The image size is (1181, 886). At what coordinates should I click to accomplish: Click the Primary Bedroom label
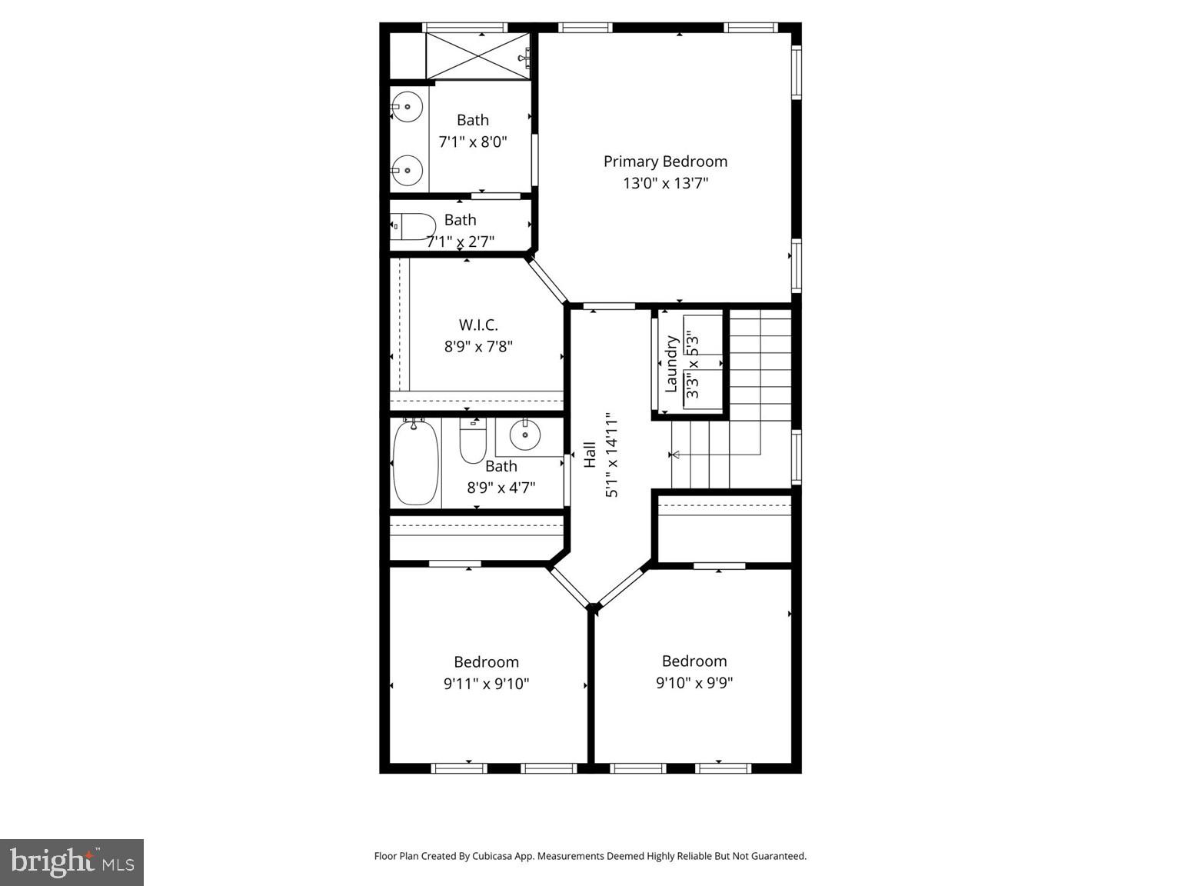[x=665, y=162]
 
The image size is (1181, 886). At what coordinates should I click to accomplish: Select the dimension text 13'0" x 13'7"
[x=665, y=183]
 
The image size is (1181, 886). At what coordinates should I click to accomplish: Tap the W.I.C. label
[x=478, y=325]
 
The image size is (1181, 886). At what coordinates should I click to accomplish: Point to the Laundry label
[x=671, y=364]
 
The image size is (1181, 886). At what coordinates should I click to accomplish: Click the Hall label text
[x=590, y=454]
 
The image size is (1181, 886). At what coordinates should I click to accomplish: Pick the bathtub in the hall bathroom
[x=416, y=463]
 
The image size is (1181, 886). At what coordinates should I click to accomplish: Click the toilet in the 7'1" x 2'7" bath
[x=412, y=226]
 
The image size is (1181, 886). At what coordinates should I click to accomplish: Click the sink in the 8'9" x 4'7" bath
[x=526, y=435]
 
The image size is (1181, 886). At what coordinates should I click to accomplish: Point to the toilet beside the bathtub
[x=472, y=441]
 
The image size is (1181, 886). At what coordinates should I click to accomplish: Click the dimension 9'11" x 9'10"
[x=486, y=683]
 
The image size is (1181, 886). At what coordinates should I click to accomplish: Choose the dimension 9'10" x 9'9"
[x=694, y=682]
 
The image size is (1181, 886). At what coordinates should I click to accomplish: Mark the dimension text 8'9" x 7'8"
[x=478, y=347]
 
